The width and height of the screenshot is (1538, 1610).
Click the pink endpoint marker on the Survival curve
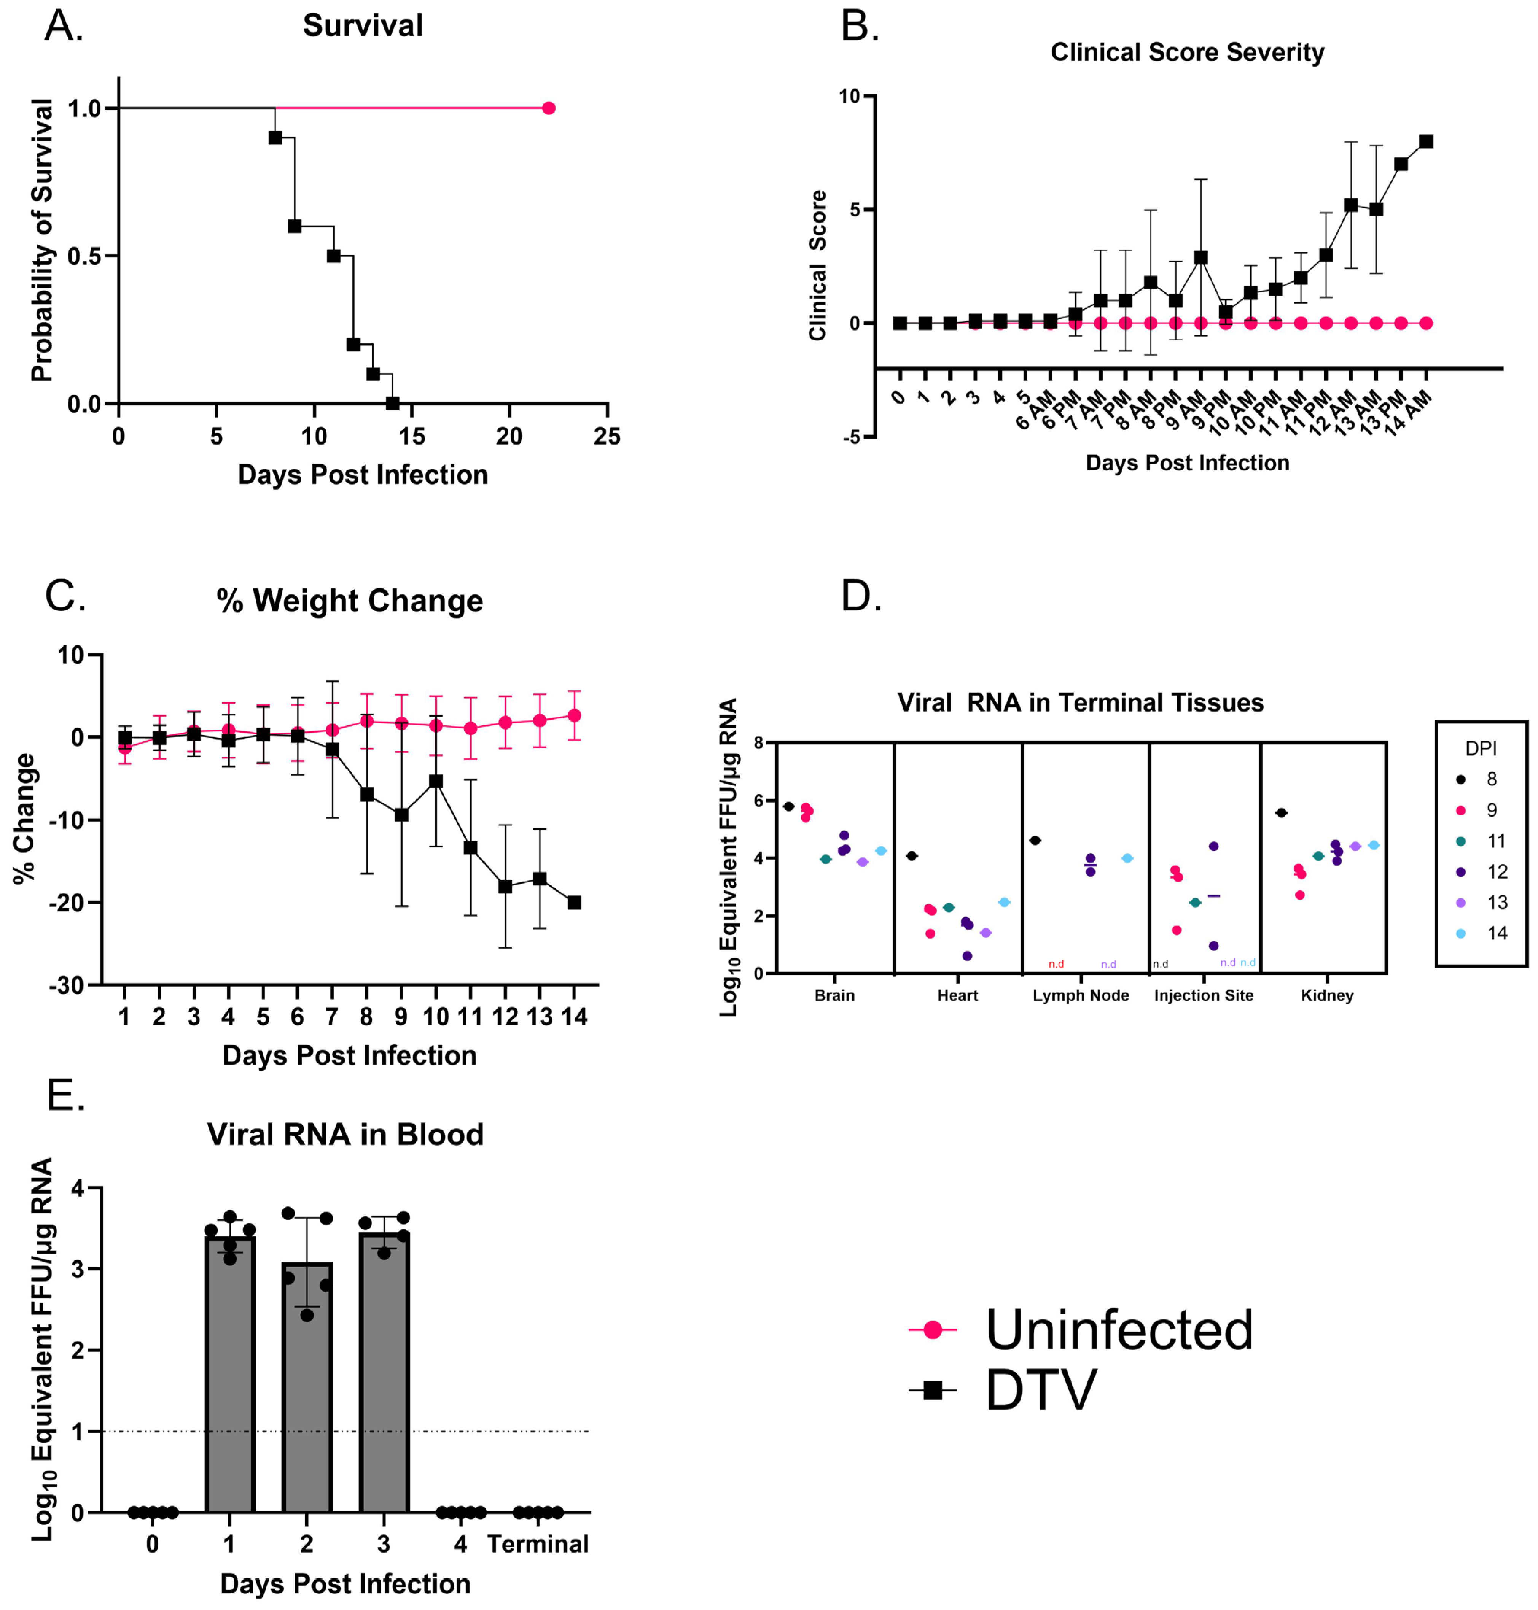(548, 108)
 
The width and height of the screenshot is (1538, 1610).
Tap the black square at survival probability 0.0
(393, 403)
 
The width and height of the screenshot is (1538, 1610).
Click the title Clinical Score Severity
(1187, 52)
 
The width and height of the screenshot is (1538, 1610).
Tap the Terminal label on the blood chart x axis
(538, 1545)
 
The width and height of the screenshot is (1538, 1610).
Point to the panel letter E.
(65, 1095)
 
